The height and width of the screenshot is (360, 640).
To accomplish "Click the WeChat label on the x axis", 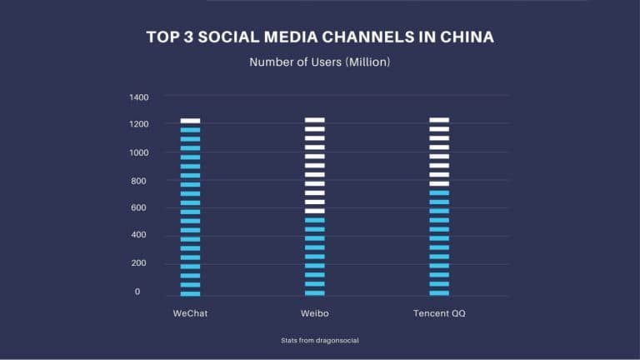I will [x=189, y=312].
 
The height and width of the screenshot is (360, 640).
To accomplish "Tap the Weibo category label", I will [x=314, y=312].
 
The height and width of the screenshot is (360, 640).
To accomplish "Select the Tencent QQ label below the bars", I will [x=439, y=312].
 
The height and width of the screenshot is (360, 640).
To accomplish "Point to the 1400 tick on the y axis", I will [x=139, y=97].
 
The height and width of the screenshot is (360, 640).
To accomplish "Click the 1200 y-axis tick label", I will [x=139, y=124].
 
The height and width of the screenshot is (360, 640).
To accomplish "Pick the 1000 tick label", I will [x=139, y=152].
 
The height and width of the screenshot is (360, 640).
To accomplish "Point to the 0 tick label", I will [x=137, y=292].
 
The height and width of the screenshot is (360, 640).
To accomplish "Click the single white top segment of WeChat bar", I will [x=190, y=120].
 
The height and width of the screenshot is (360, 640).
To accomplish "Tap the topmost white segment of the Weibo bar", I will [x=314, y=120].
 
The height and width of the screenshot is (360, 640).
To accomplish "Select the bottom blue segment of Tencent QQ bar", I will [x=439, y=292].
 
